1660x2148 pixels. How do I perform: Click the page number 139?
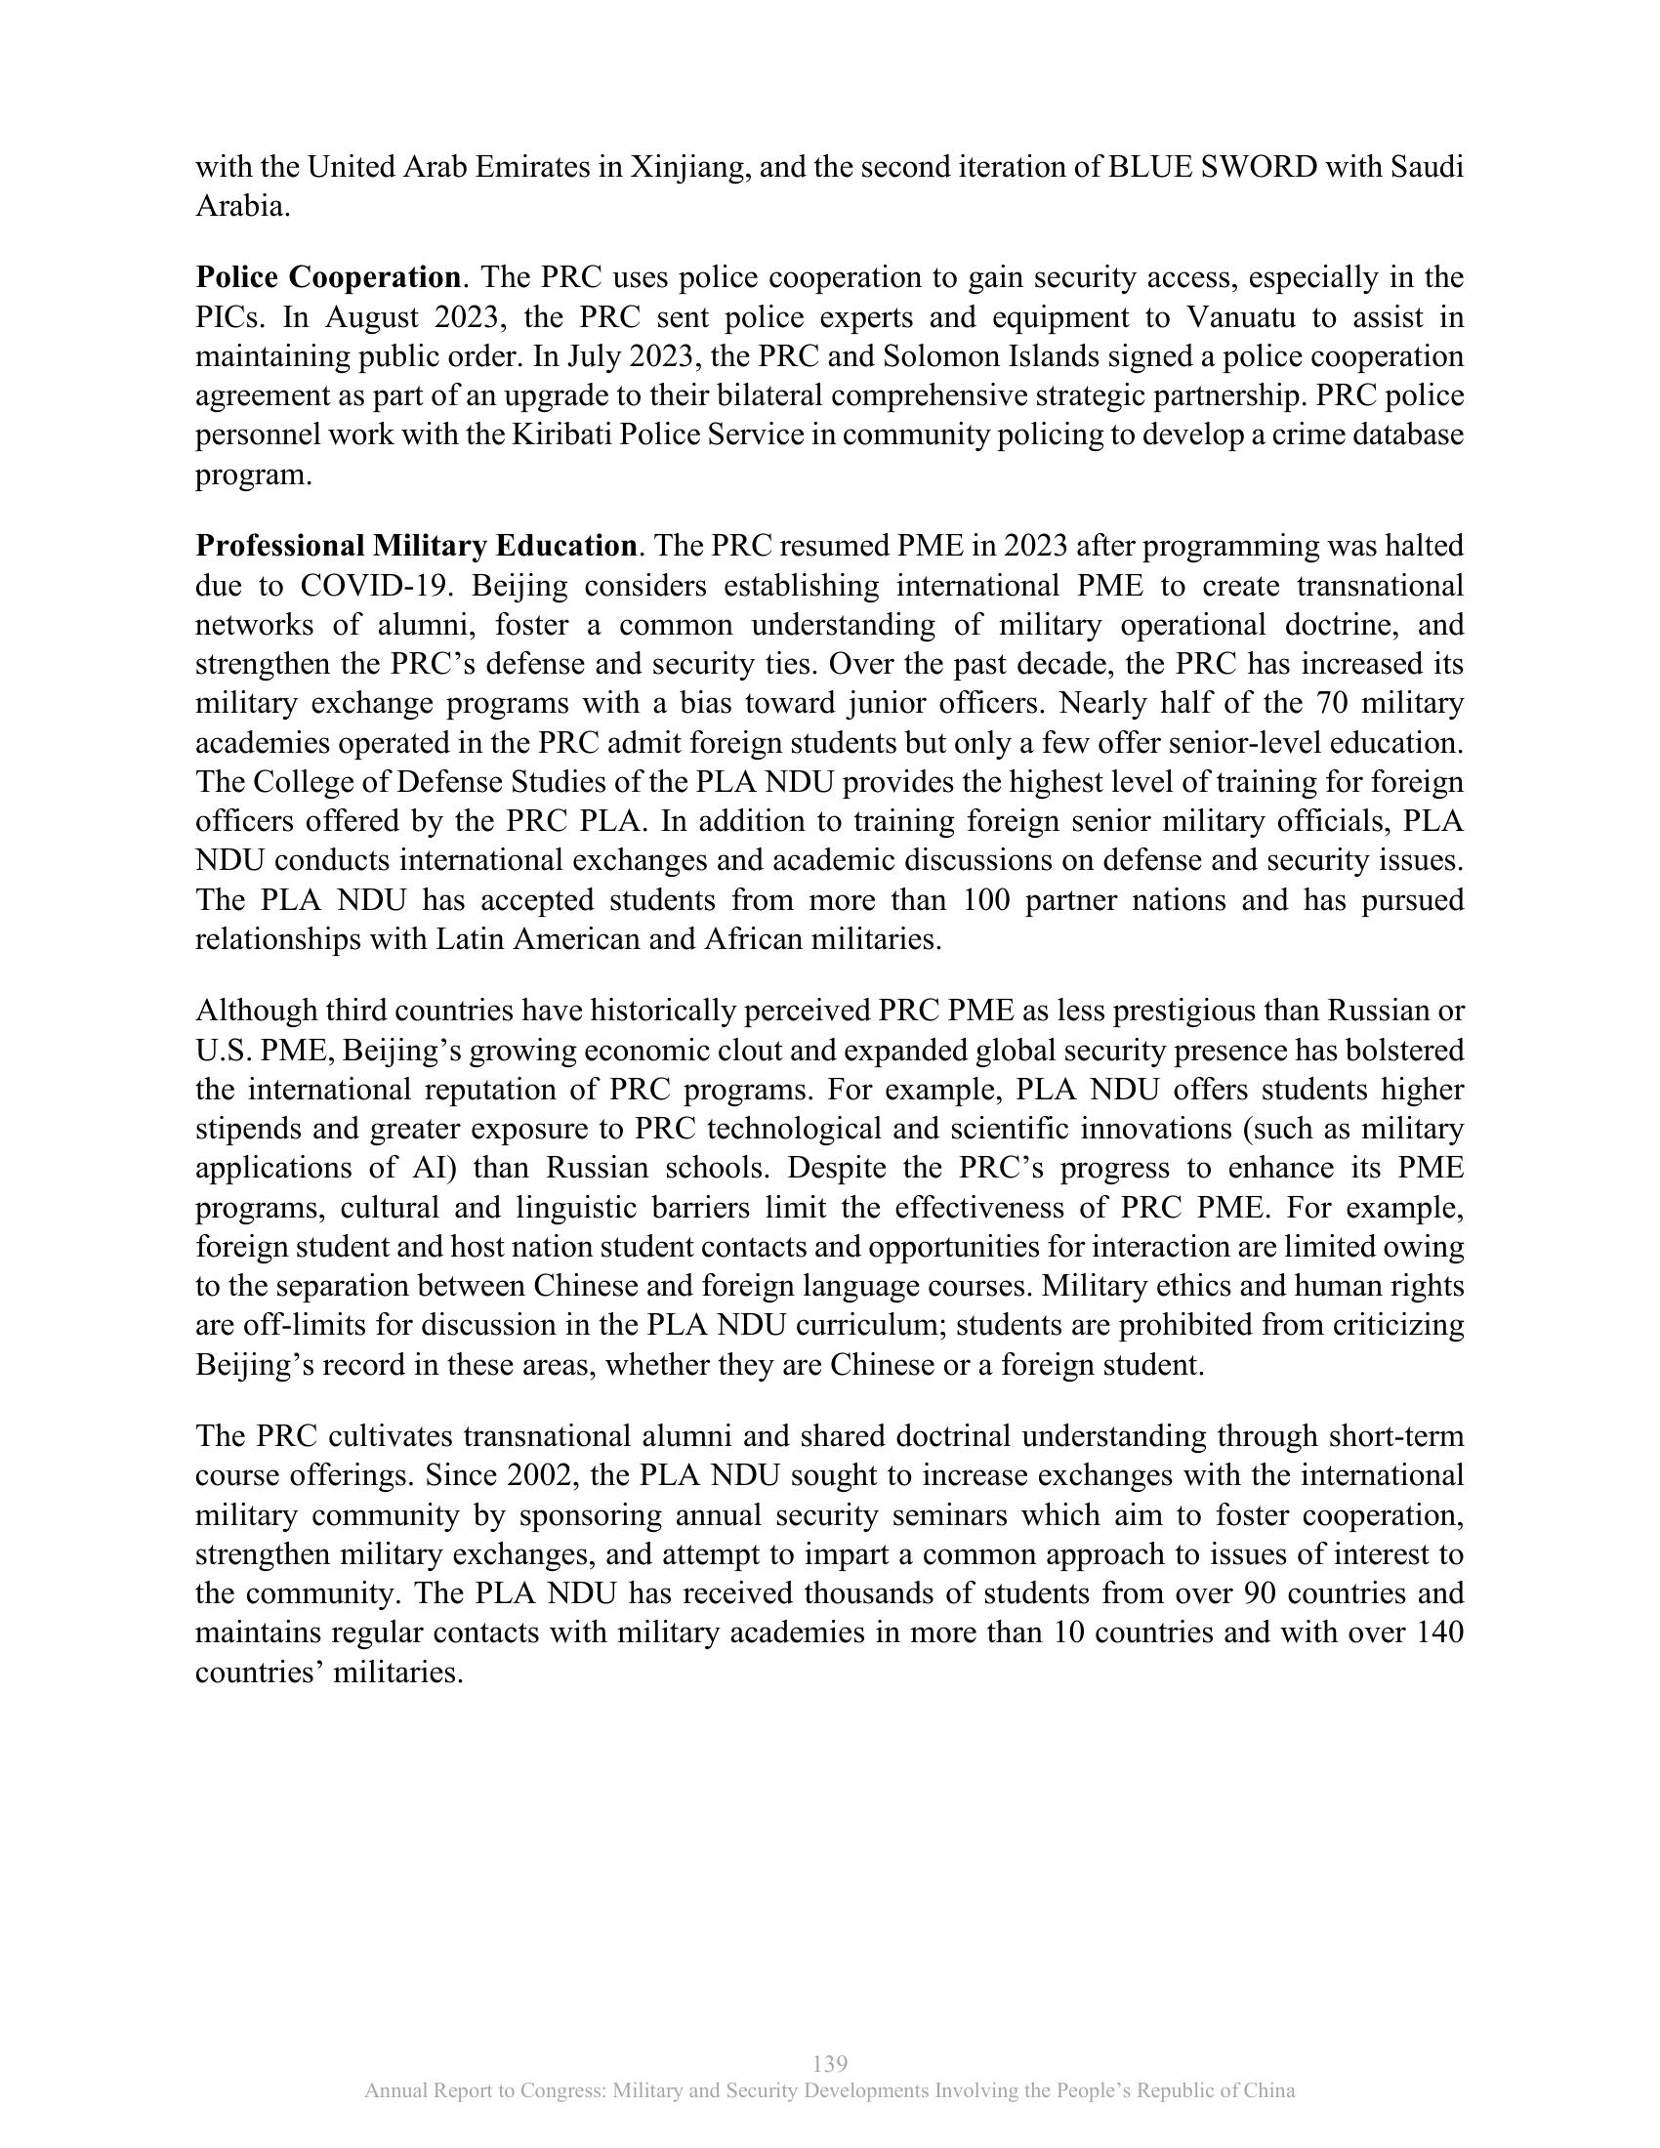[831, 2063]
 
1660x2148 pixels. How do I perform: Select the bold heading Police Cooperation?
[327, 277]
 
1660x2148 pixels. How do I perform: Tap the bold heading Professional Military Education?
[415, 545]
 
